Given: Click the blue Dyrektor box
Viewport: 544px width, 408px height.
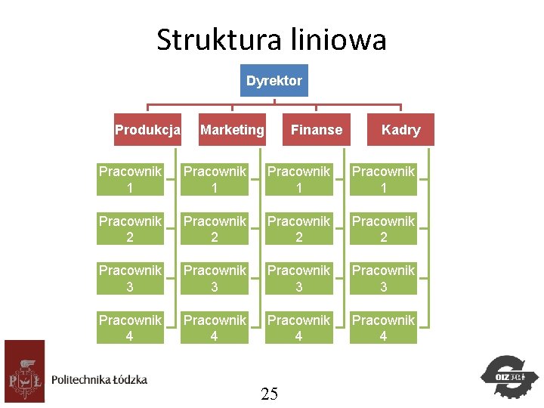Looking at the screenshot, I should pyautogui.click(x=274, y=80).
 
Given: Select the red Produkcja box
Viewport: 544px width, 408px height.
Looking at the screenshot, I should pyautogui.click(x=147, y=130).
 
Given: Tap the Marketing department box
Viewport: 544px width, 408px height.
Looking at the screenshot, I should pyautogui.click(x=232, y=130).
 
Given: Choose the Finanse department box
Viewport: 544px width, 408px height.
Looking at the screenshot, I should pyautogui.click(x=317, y=130).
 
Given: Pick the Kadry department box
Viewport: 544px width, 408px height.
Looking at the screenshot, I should pyautogui.click(x=400, y=130).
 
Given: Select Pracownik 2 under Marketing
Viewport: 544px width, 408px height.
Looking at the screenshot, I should pyautogui.click(x=215, y=229).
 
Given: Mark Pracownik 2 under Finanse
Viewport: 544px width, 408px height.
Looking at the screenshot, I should pyautogui.click(x=299, y=229).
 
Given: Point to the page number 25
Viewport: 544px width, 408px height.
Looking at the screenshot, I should pyautogui.click(x=270, y=393).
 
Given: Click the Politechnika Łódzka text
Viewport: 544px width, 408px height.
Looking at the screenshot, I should pyautogui.click(x=100, y=379).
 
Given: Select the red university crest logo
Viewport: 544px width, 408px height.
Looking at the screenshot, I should pyautogui.click(x=24, y=371).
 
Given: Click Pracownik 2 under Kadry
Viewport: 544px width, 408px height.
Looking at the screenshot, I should pyautogui.click(x=384, y=229).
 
